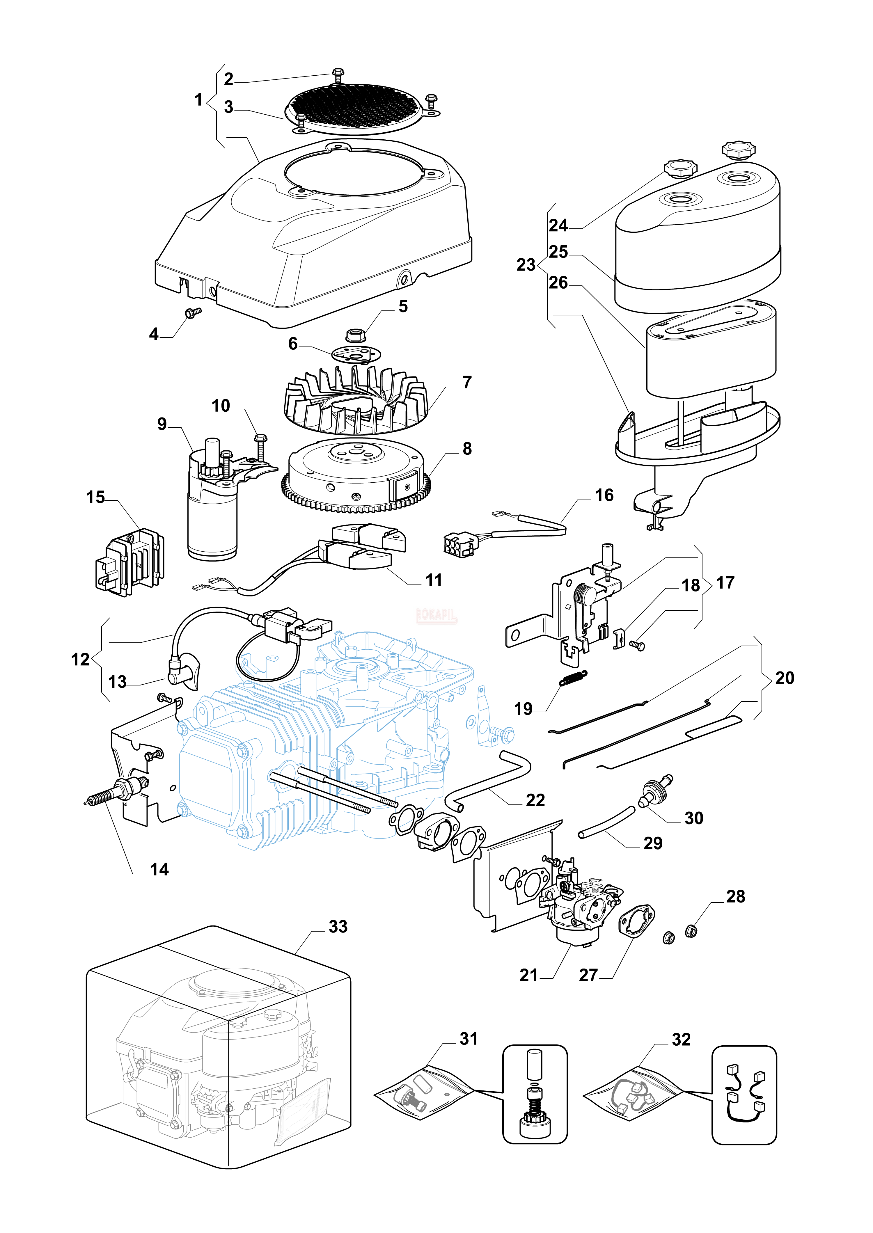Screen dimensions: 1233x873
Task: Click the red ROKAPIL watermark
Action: coord(436,615)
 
